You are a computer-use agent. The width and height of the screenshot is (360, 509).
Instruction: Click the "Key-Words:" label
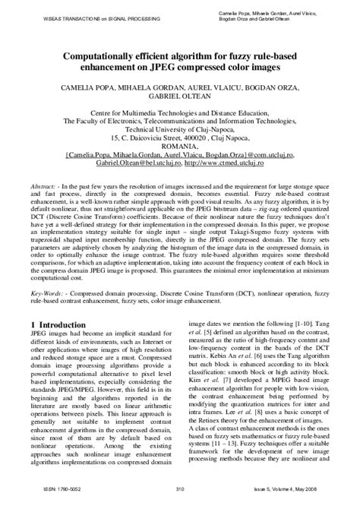49,292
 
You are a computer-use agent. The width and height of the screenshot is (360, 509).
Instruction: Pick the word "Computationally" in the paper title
87,56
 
